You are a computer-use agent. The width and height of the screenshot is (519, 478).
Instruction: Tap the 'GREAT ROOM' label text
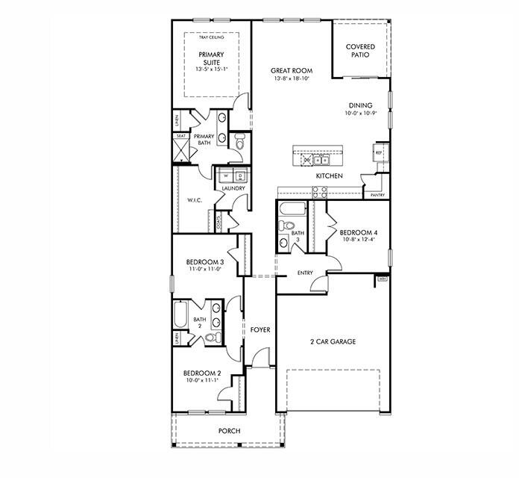[291, 71]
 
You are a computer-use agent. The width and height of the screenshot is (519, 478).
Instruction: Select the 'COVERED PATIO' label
[360, 52]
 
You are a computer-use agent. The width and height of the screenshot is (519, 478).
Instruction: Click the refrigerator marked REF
[379, 152]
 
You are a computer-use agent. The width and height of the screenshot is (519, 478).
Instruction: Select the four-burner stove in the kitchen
[318, 191]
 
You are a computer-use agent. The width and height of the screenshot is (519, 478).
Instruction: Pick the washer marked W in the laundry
[225, 176]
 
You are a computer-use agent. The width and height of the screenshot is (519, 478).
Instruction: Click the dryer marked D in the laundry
[239, 176]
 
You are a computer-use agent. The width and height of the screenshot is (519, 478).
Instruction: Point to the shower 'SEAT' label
[181, 136]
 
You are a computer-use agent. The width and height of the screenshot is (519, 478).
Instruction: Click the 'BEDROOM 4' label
[356, 232]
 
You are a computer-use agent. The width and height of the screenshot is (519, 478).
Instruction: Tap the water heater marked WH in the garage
[380, 279]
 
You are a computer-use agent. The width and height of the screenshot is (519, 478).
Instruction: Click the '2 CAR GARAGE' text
[333, 341]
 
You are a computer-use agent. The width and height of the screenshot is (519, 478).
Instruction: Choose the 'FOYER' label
[259, 329]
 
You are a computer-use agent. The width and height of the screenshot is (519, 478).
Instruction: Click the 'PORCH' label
[228, 431]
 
